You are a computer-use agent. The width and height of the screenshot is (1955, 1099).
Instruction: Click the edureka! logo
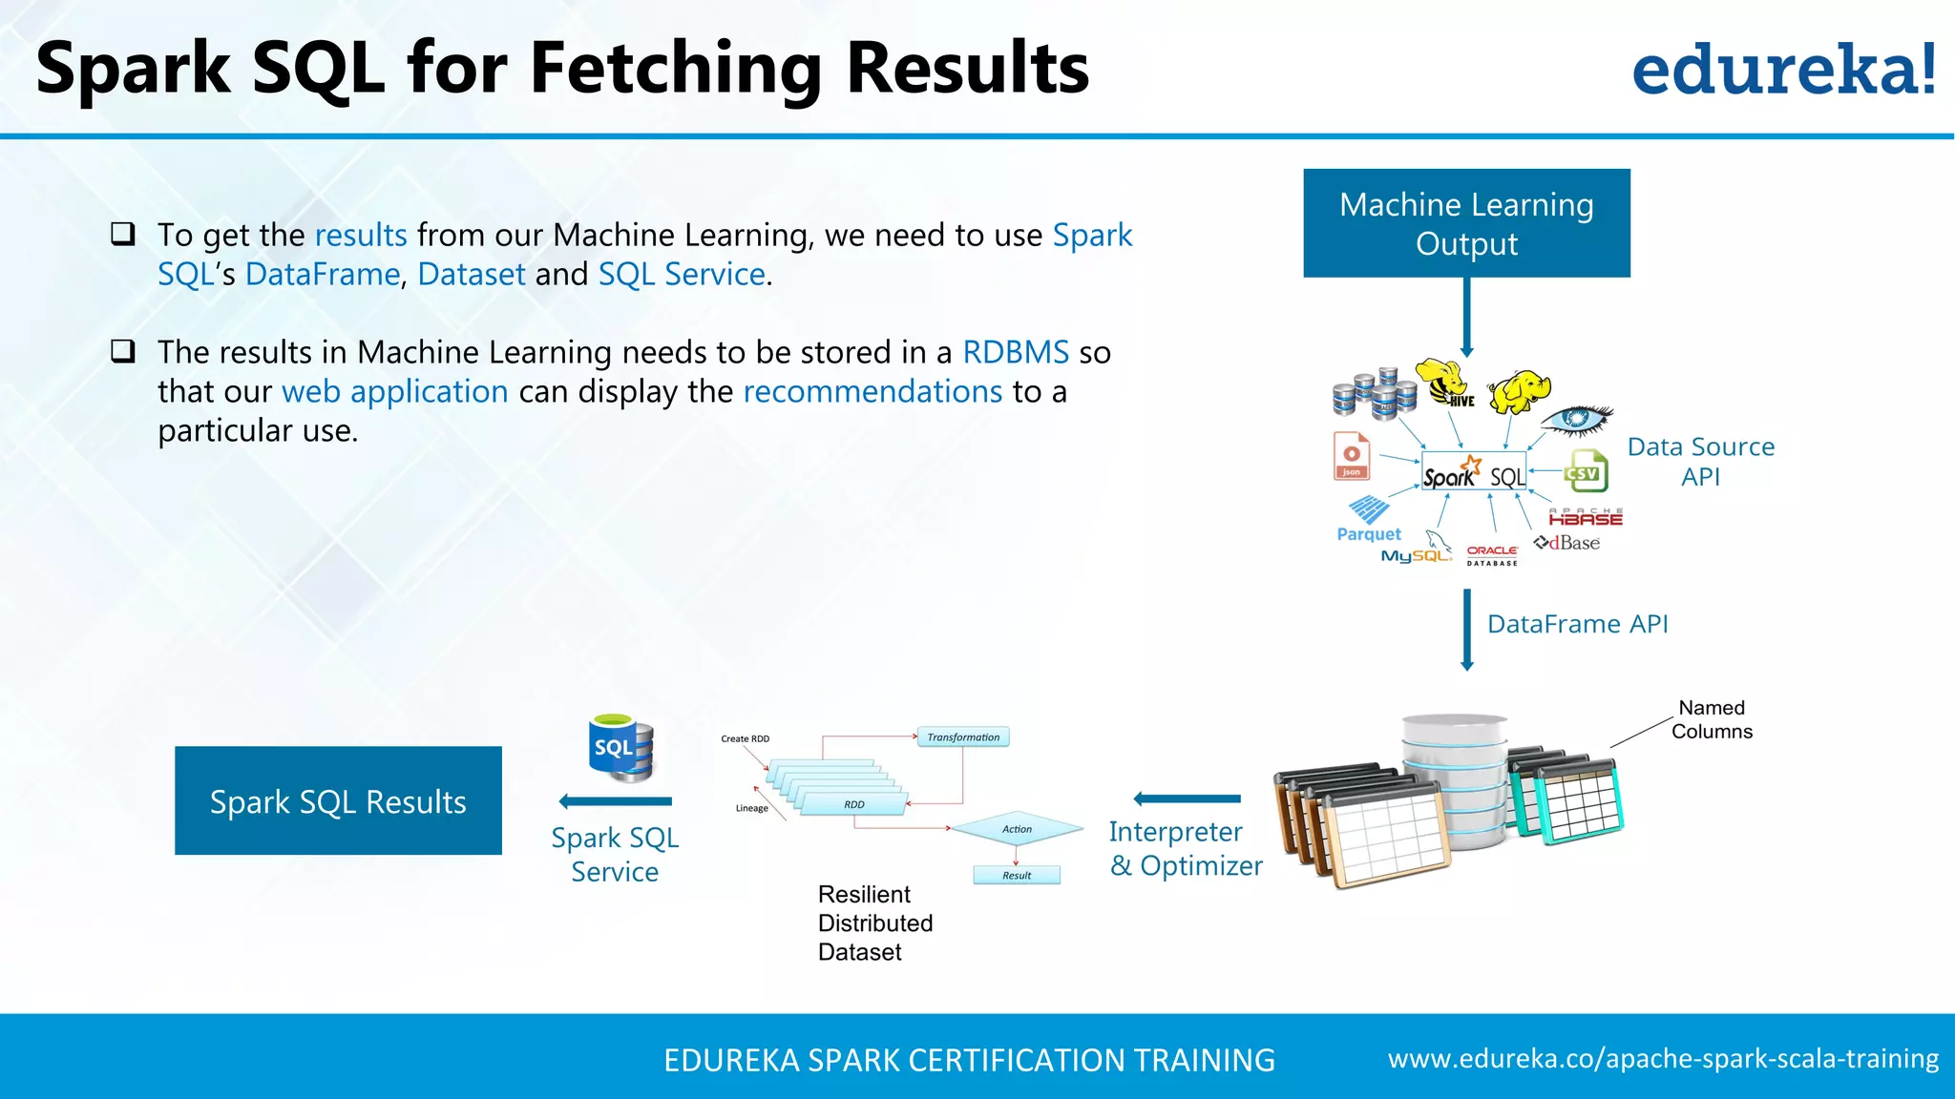1783,70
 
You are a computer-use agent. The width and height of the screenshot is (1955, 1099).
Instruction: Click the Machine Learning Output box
1466,223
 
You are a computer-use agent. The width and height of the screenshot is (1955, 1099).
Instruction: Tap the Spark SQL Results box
338,801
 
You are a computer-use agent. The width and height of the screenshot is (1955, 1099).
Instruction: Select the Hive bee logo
1445,383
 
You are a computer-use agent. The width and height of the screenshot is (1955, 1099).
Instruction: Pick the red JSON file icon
1352,456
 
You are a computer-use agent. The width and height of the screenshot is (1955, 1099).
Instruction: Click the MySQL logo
1417,550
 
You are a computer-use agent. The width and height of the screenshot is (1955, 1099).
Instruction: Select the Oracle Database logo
1492,555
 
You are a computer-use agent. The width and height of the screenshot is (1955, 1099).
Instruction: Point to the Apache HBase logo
1586,518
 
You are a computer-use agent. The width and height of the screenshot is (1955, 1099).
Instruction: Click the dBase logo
1567,543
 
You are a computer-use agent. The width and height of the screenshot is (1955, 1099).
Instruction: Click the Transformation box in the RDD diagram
963,737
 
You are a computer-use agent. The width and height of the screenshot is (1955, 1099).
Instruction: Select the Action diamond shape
1017,829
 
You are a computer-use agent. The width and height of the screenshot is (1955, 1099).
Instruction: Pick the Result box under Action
1017,875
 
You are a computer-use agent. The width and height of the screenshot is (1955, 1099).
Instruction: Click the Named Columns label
1712,719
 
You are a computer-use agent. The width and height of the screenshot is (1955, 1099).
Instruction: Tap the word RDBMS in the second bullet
1016,352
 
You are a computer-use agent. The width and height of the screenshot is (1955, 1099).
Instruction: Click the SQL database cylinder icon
620,748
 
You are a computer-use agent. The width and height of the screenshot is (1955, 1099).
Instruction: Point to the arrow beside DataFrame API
1467,630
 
